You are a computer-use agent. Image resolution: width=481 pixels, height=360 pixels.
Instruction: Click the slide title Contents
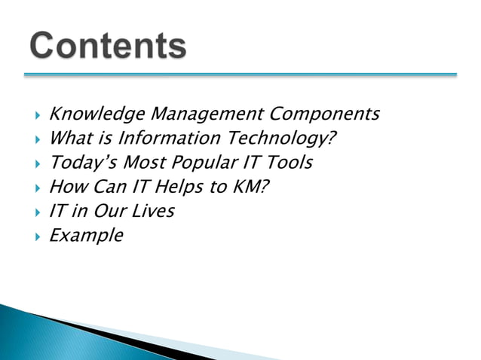109,46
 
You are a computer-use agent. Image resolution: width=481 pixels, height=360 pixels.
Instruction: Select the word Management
196,114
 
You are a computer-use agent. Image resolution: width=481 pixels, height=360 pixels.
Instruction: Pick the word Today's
78,163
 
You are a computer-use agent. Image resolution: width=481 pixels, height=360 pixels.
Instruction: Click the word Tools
290,163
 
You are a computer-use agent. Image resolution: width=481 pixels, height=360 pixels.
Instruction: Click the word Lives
152,211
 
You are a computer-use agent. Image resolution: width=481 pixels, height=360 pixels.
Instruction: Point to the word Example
85,236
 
